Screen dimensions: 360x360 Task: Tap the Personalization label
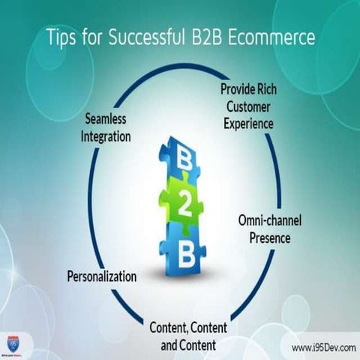(x=101, y=276)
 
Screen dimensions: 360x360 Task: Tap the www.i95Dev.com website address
(x=322, y=348)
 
